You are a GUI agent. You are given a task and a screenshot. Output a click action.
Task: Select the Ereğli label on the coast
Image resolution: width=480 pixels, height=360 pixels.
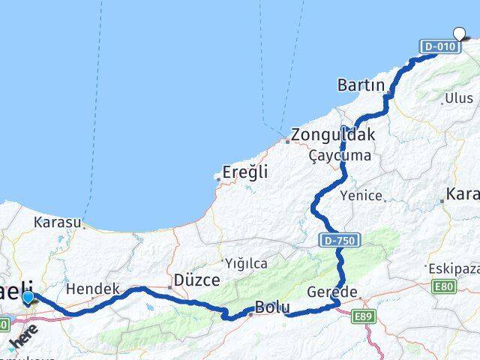coord(246,172)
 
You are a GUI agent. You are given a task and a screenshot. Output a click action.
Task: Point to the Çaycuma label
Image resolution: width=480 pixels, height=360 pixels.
coord(340,155)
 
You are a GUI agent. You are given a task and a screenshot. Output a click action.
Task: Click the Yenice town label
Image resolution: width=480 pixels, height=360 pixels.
coord(361,196)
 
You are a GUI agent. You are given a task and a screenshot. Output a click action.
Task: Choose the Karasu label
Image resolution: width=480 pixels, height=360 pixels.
coord(57,223)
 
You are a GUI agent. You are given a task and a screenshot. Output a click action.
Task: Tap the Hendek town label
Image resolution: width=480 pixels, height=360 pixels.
coord(93,289)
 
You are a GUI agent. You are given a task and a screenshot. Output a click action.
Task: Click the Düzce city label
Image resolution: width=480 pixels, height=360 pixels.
coord(196,280)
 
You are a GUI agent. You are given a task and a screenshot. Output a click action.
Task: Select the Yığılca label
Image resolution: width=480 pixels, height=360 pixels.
coord(245,263)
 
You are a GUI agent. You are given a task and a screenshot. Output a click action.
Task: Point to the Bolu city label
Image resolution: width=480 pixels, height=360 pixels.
coord(272,307)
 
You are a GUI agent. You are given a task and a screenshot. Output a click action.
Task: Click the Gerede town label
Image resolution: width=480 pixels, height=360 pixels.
coord(328,292)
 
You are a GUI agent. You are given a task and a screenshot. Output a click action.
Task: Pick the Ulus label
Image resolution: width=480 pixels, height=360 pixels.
coord(459,98)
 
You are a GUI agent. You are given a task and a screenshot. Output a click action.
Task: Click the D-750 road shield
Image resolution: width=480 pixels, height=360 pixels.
coord(341,240)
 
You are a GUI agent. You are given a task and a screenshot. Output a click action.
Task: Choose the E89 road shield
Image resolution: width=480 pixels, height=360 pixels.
coord(364,318)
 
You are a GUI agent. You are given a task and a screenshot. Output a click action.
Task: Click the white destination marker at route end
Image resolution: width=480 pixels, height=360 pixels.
coord(460,32)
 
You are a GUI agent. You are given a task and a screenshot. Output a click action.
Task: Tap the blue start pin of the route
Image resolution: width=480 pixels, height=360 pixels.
coord(28,298)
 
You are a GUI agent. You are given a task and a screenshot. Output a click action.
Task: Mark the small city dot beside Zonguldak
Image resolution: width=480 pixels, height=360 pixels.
coord(286,139)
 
